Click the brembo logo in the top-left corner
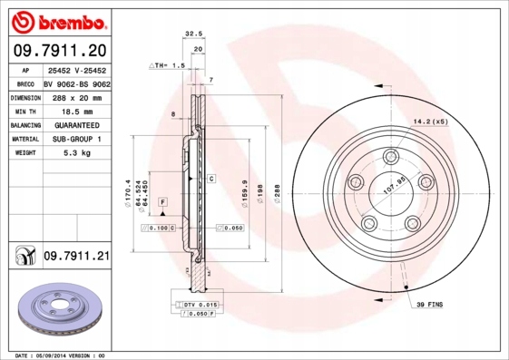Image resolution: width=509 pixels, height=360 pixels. [58, 19]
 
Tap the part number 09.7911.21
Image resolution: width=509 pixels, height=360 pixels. [76, 258]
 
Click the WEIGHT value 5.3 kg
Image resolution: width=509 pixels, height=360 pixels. [76, 154]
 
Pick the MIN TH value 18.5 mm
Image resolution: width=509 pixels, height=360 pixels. [76, 110]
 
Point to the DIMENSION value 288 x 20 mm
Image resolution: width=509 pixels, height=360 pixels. [76, 95]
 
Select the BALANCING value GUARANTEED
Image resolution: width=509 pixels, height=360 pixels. [76, 124]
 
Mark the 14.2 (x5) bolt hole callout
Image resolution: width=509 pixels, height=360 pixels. [430, 121]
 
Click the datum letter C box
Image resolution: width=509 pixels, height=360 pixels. [210, 179]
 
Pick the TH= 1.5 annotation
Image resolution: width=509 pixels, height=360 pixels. [169, 66]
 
